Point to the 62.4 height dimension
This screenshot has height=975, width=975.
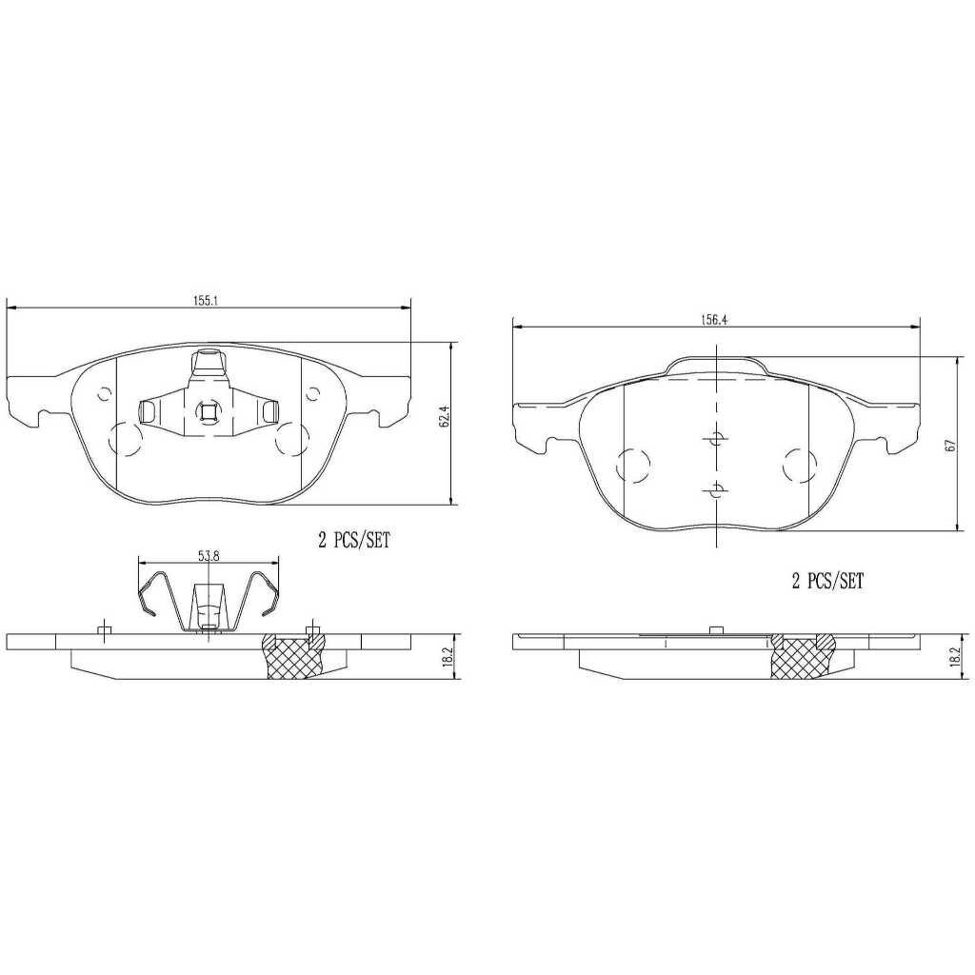[x=443, y=421]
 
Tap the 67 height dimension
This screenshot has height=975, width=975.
[x=948, y=446]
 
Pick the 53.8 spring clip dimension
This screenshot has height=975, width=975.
[x=207, y=556]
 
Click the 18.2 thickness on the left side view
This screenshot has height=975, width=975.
[x=448, y=657]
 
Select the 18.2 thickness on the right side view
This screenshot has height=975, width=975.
[x=953, y=657]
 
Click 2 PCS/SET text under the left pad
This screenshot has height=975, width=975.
[x=354, y=541]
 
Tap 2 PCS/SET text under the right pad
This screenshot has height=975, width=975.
[x=827, y=581]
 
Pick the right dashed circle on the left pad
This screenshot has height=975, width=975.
[x=289, y=438]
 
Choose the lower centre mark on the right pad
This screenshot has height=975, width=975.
[x=715, y=490]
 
